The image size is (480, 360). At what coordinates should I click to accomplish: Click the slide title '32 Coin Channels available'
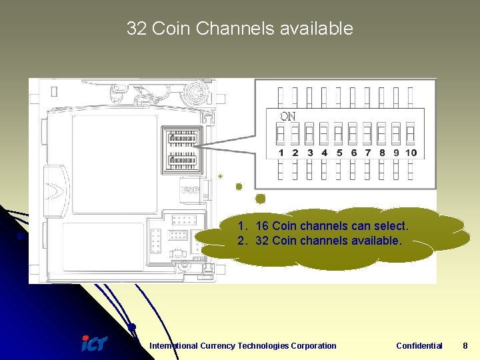click(239, 29)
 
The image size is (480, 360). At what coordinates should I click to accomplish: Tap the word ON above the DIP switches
click(287, 116)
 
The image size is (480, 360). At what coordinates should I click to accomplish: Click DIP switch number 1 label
click(281, 153)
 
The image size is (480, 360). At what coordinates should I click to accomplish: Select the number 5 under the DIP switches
click(339, 153)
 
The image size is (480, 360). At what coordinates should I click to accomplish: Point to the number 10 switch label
click(411, 153)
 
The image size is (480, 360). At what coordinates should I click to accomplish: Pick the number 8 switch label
click(382, 153)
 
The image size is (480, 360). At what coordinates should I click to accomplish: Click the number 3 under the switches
click(309, 153)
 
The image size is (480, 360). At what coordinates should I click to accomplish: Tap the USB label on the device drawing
click(189, 190)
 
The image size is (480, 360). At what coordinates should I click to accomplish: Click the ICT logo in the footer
click(93, 343)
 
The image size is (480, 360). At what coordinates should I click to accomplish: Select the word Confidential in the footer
click(419, 345)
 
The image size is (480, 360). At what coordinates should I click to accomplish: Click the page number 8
click(465, 345)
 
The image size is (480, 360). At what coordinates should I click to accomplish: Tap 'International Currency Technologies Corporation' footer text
click(243, 345)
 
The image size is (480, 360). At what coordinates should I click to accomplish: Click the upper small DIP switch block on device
click(182, 139)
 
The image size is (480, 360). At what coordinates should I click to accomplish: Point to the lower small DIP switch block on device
click(182, 161)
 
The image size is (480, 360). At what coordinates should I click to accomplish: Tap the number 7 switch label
click(367, 153)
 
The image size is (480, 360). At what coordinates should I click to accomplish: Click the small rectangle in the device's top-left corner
click(53, 93)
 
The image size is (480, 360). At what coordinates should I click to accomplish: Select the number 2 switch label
click(295, 153)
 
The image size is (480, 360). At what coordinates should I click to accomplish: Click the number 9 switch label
click(396, 153)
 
